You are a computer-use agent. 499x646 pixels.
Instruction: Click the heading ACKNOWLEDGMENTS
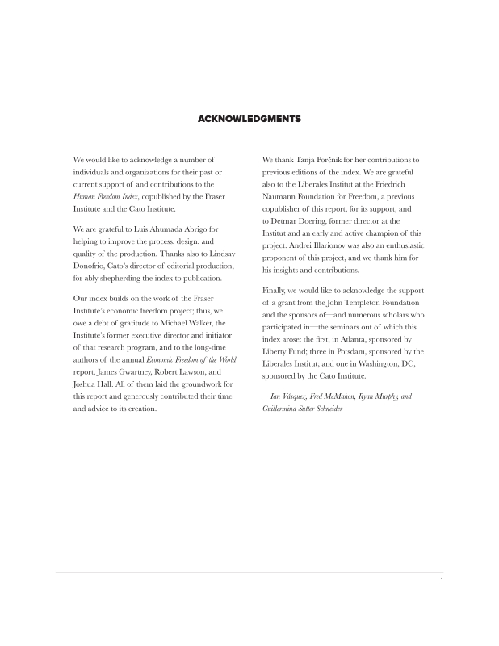[x=249, y=119]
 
